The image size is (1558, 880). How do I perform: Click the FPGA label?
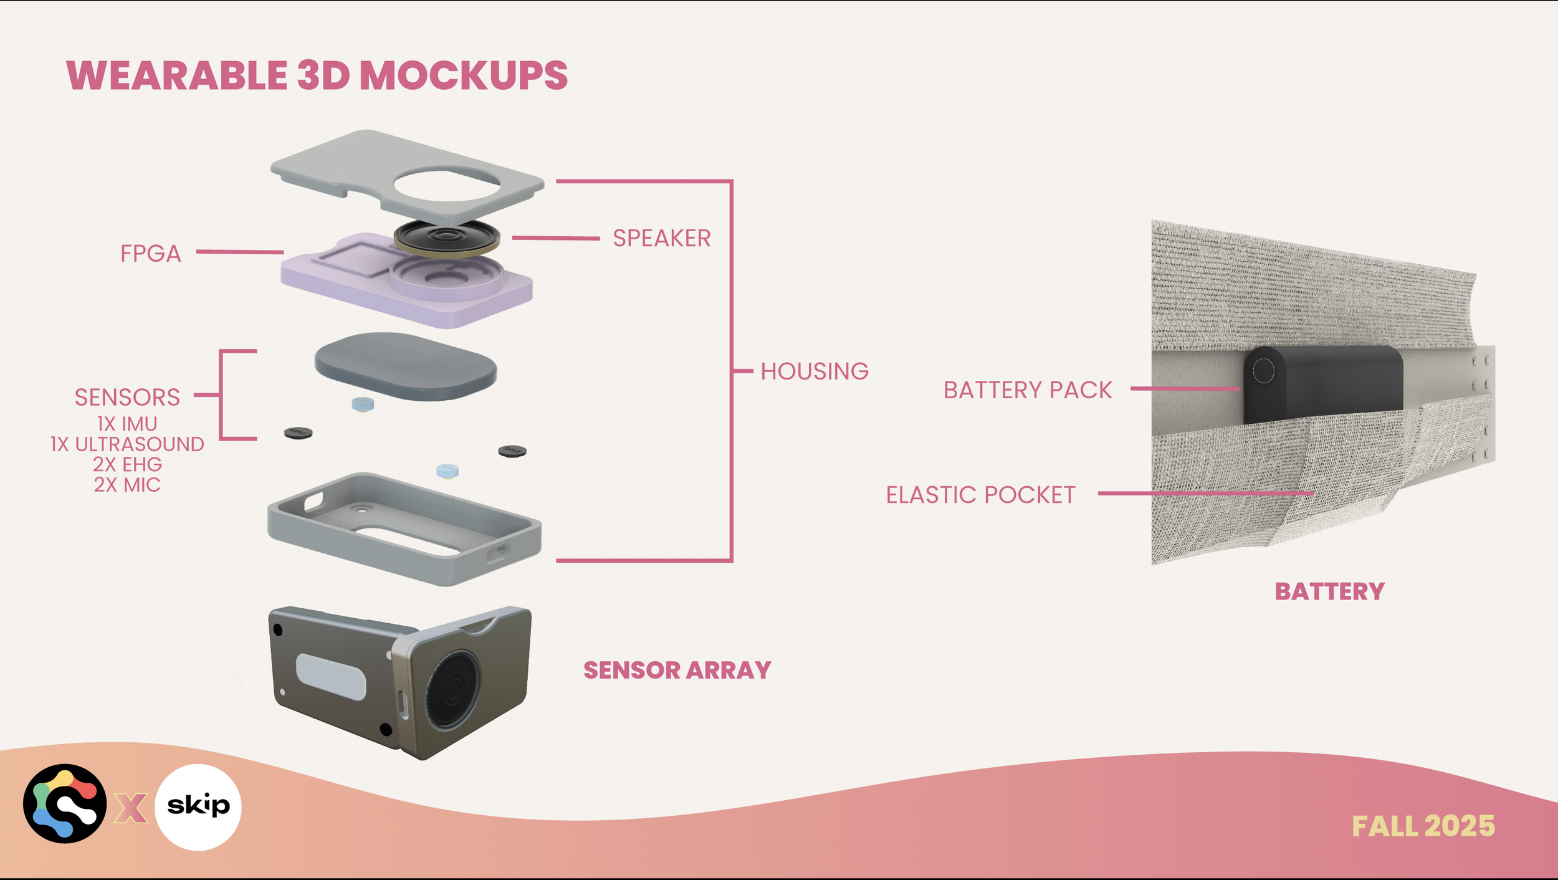(150, 254)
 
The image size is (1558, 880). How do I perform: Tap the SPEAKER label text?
(661, 238)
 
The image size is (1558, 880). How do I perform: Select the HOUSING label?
(814, 371)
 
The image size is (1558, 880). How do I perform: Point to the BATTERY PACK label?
(1027, 390)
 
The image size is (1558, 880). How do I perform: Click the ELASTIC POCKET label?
(980, 495)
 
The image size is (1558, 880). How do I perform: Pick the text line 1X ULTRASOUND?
(127, 444)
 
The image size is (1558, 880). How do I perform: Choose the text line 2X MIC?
(127, 485)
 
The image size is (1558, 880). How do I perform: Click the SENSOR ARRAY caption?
(677, 671)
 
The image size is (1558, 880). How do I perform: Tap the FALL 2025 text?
(1423, 826)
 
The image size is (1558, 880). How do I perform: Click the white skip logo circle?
(198, 807)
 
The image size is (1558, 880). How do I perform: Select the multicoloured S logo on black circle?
(65, 804)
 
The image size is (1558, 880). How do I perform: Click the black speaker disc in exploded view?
(446, 237)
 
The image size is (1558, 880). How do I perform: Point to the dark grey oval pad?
(406, 366)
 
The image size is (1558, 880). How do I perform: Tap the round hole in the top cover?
(447, 184)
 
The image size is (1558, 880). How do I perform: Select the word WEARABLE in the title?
(177, 76)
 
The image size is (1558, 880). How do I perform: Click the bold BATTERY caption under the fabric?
(1329, 591)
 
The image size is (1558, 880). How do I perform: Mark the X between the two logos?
(130, 808)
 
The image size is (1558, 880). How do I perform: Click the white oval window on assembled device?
(330, 677)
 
